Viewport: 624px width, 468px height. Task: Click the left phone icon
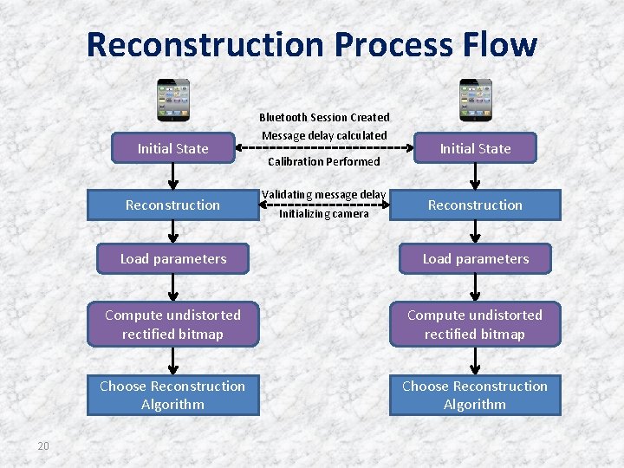click(x=172, y=100)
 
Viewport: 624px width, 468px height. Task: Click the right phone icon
click(x=475, y=100)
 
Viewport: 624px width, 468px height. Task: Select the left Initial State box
click(x=172, y=149)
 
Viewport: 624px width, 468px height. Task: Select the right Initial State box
click(x=475, y=149)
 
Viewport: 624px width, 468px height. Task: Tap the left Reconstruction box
click(x=172, y=205)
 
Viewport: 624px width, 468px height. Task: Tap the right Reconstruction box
click(x=475, y=205)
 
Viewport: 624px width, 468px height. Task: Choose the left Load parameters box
click(x=172, y=259)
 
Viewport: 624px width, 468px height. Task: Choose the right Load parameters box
click(x=475, y=259)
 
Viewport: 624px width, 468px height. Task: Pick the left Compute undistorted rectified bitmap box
click(x=172, y=324)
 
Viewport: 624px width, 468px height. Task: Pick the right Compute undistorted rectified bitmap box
click(x=475, y=324)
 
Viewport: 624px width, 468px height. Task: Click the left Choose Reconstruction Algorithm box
click(x=172, y=395)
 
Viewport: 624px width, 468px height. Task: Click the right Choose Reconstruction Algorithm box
click(x=475, y=395)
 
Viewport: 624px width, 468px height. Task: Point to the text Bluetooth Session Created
click(x=324, y=117)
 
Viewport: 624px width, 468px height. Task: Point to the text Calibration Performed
click(x=324, y=161)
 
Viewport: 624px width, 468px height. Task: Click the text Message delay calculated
click(x=324, y=135)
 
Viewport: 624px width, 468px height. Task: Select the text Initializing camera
click(x=324, y=214)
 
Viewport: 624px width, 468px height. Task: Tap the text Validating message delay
click(x=324, y=194)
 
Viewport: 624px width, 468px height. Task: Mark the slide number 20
click(x=43, y=446)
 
